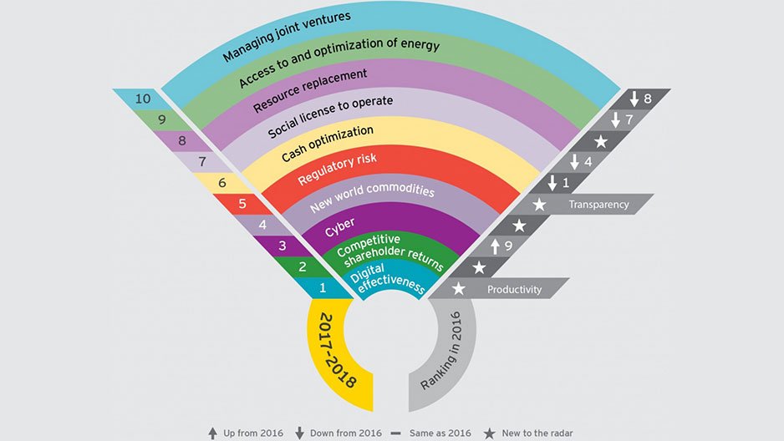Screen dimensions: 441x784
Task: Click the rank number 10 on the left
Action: pyautogui.click(x=143, y=99)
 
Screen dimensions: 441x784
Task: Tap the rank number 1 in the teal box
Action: pyautogui.click(x=323, y=290)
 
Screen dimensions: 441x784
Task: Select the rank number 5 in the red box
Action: pyautogui.click(x=242, y=203)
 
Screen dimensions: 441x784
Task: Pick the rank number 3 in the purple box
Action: pyautogui.click(x=282, y=246)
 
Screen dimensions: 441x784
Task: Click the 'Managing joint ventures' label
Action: pyautogui.click(x=287, y=38)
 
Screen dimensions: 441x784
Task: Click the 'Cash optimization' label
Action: pyautogui.click(x=327, y=144)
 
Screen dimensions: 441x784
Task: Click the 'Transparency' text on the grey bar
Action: pyautogui.click(x=598, y=204)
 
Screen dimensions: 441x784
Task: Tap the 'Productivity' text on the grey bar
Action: pyautogui.click(x=514, y=290)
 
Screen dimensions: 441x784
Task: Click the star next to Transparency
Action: pyautogui.click(x=540, y=204)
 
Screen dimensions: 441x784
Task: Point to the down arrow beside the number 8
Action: pyautogui.click(x=636, y=99)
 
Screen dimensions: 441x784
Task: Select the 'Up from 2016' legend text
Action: pyautogui.click(x=253, y=433)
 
